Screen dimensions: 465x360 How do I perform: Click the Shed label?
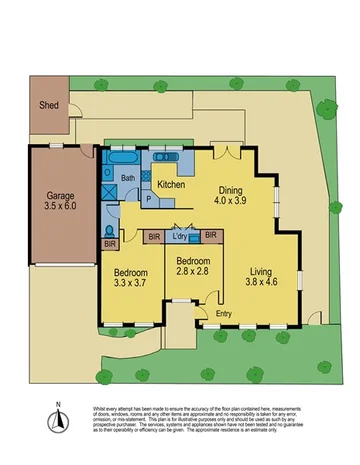point(47,104)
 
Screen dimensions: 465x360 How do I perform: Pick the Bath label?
point(128,179)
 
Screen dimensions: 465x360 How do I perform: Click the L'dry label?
point(181,236)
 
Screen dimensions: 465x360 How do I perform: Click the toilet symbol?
point(107,232)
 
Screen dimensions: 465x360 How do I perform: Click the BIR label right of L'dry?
point(211,235)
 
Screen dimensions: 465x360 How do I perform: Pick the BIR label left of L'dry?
point(154,237)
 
